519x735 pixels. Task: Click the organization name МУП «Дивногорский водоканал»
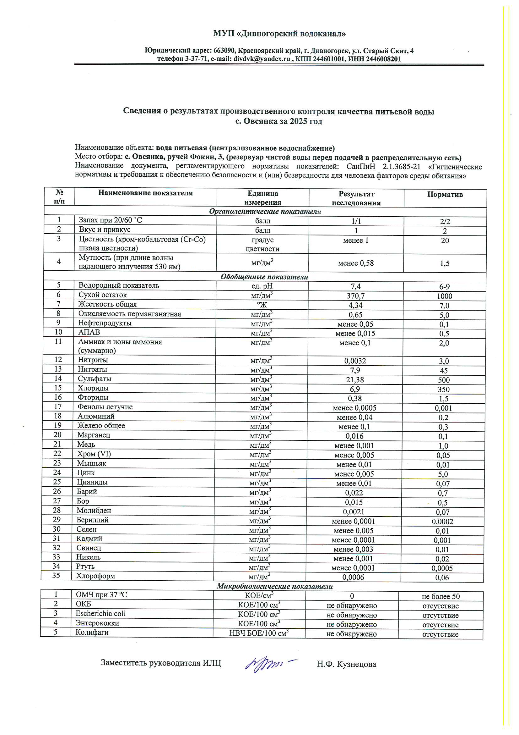pos(279,33)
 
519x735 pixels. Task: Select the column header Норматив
pos(445,194)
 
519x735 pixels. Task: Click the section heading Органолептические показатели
pos(265,212)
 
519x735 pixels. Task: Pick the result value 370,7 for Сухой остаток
pos(356,296)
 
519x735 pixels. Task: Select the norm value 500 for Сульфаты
pos(444,380)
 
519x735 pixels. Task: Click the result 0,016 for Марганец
pos(354,436)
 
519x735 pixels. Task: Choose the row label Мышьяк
pos(91,463)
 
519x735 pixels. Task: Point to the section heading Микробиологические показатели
pos(275,587)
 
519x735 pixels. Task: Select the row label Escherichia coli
pos(100,613)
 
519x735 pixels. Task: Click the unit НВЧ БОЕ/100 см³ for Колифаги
pos(259,633)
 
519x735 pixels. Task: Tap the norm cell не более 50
pos(441,596)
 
